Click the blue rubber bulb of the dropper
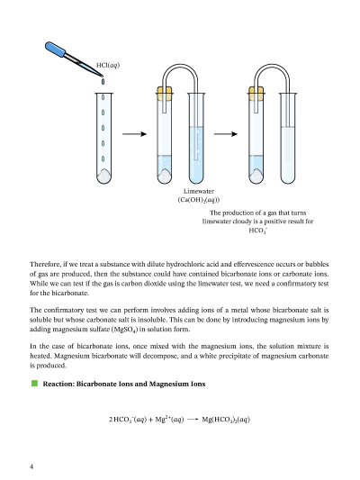coord(56,50)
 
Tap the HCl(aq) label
coord(108,65)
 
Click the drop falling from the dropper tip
coord(103,82)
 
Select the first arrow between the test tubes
coord(135,134)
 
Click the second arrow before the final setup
coord(226,134)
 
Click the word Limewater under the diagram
coord(199,191)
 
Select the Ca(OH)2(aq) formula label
coord(199,200)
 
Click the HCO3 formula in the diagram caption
coord(257,231)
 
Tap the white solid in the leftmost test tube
coord(104,176)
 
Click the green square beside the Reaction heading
coord(34,384)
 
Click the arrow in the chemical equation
coord(193,420)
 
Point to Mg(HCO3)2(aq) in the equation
coord(226,420)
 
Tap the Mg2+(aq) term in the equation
coord(169,419)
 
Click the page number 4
coord(31,466)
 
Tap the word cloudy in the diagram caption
coord(243,222)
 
